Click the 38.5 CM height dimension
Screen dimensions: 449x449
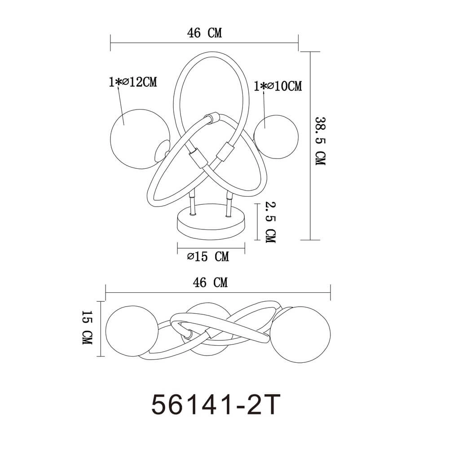click(x=320, y=141)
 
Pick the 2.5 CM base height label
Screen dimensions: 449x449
click(x=270, y=222)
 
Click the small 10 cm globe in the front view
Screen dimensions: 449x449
click(x=276, y=134)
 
